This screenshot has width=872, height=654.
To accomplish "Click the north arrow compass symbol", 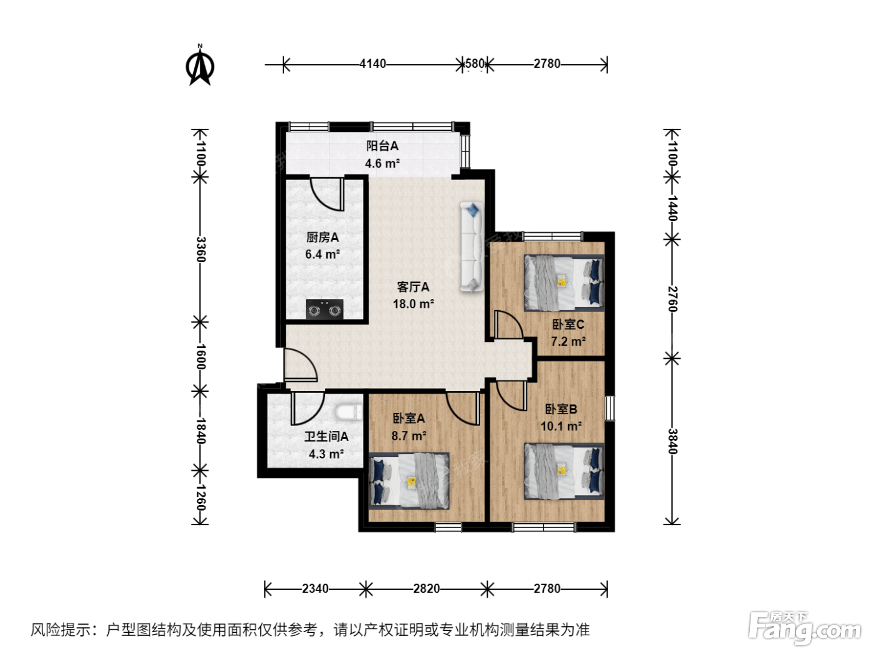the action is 200,65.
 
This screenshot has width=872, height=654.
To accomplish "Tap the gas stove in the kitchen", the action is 324,309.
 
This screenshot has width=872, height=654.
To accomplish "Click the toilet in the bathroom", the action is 348,412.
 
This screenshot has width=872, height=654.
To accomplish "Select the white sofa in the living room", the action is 472,247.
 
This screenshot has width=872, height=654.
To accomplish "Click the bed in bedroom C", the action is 564,283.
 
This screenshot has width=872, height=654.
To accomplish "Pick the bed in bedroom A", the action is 409,481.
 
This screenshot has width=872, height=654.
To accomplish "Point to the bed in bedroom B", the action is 564,471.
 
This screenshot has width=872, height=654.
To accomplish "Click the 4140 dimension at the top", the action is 372,64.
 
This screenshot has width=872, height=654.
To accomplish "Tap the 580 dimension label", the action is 475,64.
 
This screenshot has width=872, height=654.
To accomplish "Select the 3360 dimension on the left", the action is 201,249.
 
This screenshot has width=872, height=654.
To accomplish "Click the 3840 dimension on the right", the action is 671,441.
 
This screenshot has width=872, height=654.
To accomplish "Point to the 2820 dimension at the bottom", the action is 426,589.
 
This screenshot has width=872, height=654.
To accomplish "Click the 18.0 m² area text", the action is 413,304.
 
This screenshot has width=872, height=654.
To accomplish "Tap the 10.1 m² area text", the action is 561,427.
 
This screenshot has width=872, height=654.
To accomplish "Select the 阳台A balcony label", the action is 382,146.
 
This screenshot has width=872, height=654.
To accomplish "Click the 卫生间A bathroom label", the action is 326,437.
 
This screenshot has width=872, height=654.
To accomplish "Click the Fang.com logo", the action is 804,628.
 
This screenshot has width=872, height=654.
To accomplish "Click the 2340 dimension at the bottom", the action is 315,589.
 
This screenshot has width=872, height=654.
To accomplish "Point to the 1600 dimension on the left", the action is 201,356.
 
